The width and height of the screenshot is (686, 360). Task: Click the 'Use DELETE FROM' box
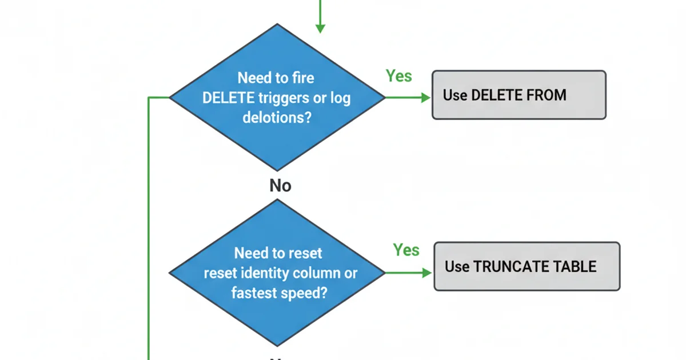click(x=519, y=95)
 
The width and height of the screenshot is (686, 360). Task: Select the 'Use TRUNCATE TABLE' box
click(x=527, y=266)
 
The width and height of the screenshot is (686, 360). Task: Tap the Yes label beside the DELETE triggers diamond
click(x=398, y=76)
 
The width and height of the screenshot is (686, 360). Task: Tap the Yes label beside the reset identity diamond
click(x=406, y=250)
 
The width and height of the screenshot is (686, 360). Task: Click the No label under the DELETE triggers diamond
click(x=280, y=186)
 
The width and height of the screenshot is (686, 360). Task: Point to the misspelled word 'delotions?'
click(x=277, y=118)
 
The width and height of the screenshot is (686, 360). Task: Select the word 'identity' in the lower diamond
click(x=264, y=273)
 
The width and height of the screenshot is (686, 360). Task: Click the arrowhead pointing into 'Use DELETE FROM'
click(x=425, y=98)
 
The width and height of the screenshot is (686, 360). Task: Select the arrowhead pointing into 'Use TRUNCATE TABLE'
click(x=426, y=273)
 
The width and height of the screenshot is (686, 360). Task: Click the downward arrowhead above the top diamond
click(x=320, y=28)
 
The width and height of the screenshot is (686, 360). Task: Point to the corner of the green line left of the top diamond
click(x=149, y=98)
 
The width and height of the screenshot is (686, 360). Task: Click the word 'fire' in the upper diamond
click(x=302, y=78)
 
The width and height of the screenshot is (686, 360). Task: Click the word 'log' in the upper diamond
click(x=340, y=98)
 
